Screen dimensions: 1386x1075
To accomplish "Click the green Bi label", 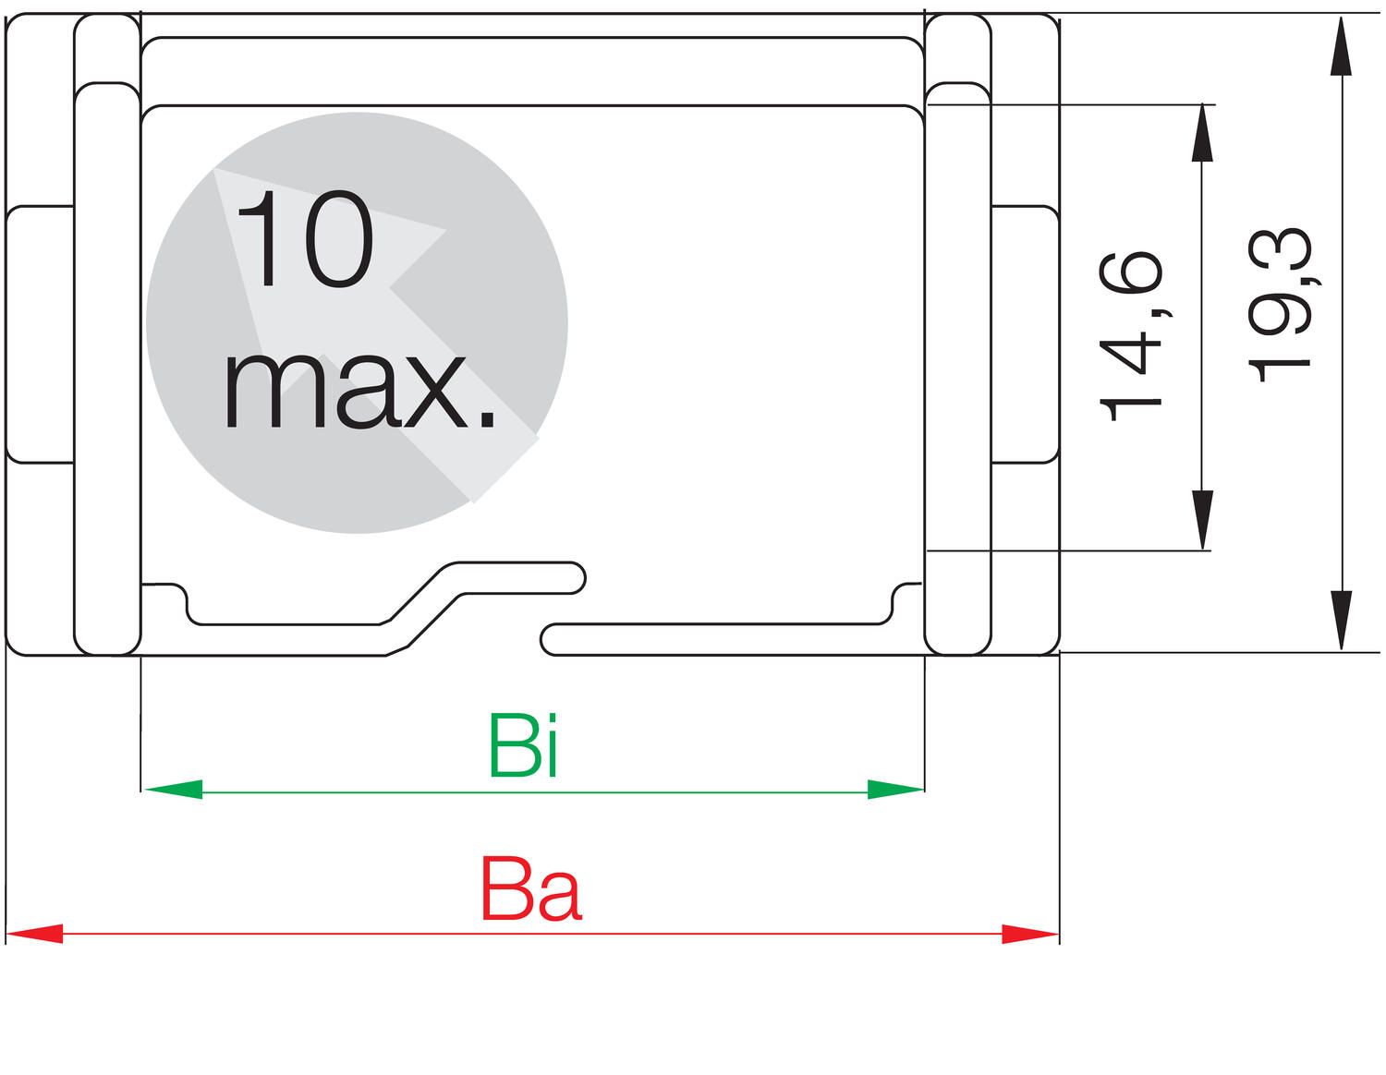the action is tap(524, 746).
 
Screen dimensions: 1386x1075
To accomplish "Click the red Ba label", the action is tap(531, 889).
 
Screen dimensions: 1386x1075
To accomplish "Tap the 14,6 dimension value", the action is tap(1131, 336).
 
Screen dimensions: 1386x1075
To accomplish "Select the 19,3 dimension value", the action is tap(1280, 306).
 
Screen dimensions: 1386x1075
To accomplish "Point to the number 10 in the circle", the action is tap(305, 238).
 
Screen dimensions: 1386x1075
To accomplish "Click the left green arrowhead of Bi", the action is tap(174, 790).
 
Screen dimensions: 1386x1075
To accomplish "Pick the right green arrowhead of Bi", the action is tap(895, 790).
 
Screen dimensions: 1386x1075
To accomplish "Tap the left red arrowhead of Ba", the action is tap(34, 935).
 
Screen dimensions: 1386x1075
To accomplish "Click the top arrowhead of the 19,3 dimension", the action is tap(1342, 46).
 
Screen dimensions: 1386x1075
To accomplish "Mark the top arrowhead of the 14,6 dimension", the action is tap(1202, 133).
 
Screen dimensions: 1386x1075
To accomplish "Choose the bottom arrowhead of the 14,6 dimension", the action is tap(1202, 520).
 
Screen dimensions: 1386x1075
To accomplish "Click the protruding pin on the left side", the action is tap(40, 334).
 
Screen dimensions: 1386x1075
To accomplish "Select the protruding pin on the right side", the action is tap(1025, 334).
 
